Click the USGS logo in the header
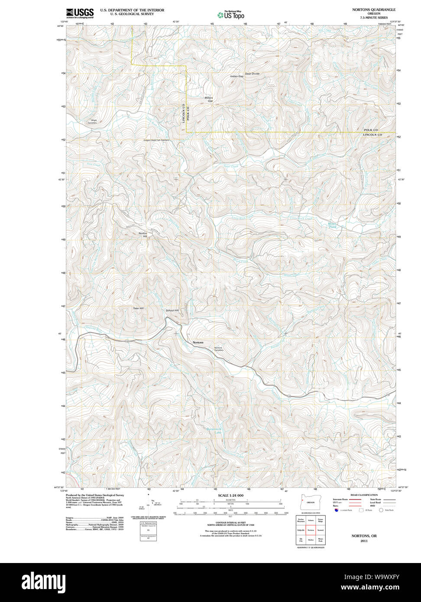[80, 13]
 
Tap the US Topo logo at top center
[231, 15]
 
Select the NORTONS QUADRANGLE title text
[373, 9]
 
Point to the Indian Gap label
[236, 76]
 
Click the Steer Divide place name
[252, 74]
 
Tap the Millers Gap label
[209, 99]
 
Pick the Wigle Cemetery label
[92, 122]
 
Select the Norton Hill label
[142, 235]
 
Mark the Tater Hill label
[138, 308]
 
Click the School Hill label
[172, 311]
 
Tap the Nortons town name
[198, 343]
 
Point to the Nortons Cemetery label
[219, 349]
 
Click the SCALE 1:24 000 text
[231, 495]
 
